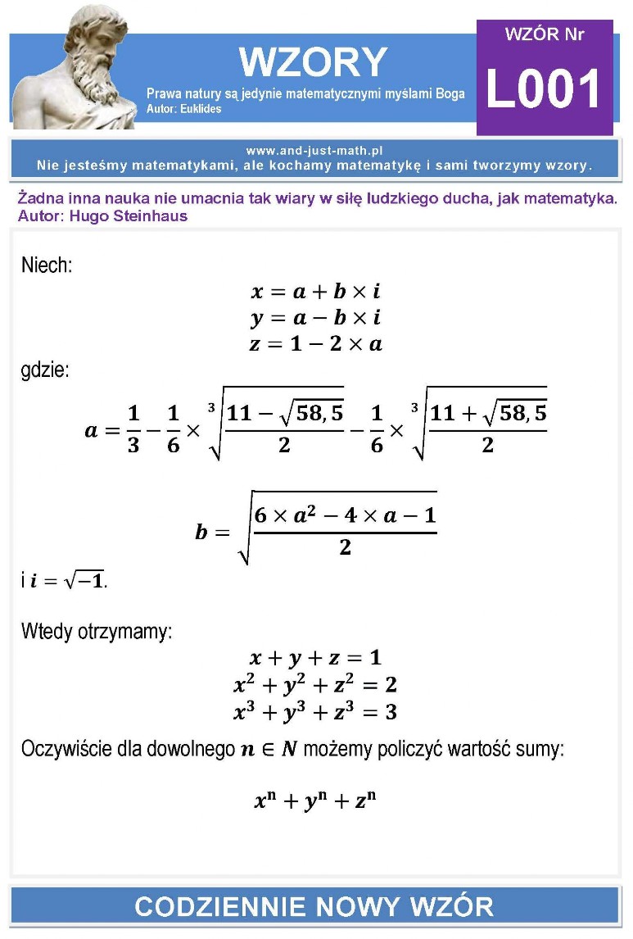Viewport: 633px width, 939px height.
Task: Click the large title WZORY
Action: [312, 62]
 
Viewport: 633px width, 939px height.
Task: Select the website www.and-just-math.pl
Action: [314, 151]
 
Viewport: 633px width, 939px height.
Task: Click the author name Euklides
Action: [201, 109]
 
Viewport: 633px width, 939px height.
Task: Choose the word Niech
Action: [47, 265]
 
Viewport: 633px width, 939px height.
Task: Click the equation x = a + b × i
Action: [315, 292]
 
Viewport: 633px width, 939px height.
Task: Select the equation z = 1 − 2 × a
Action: [315, 344]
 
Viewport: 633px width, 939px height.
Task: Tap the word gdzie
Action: [45, 370]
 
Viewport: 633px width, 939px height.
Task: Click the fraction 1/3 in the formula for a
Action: [133, 430]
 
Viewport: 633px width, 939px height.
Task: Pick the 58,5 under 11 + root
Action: [521, 413]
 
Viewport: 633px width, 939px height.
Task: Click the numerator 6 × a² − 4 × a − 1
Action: [345, 516]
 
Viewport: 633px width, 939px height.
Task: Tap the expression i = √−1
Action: [69, 581]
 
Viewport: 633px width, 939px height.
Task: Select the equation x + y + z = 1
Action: [315, 658]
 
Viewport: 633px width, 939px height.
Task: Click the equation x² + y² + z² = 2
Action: [315, 684]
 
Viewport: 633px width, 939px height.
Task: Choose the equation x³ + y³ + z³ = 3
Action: [315, 711]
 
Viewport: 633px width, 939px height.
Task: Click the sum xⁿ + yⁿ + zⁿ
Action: [315, 801]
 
